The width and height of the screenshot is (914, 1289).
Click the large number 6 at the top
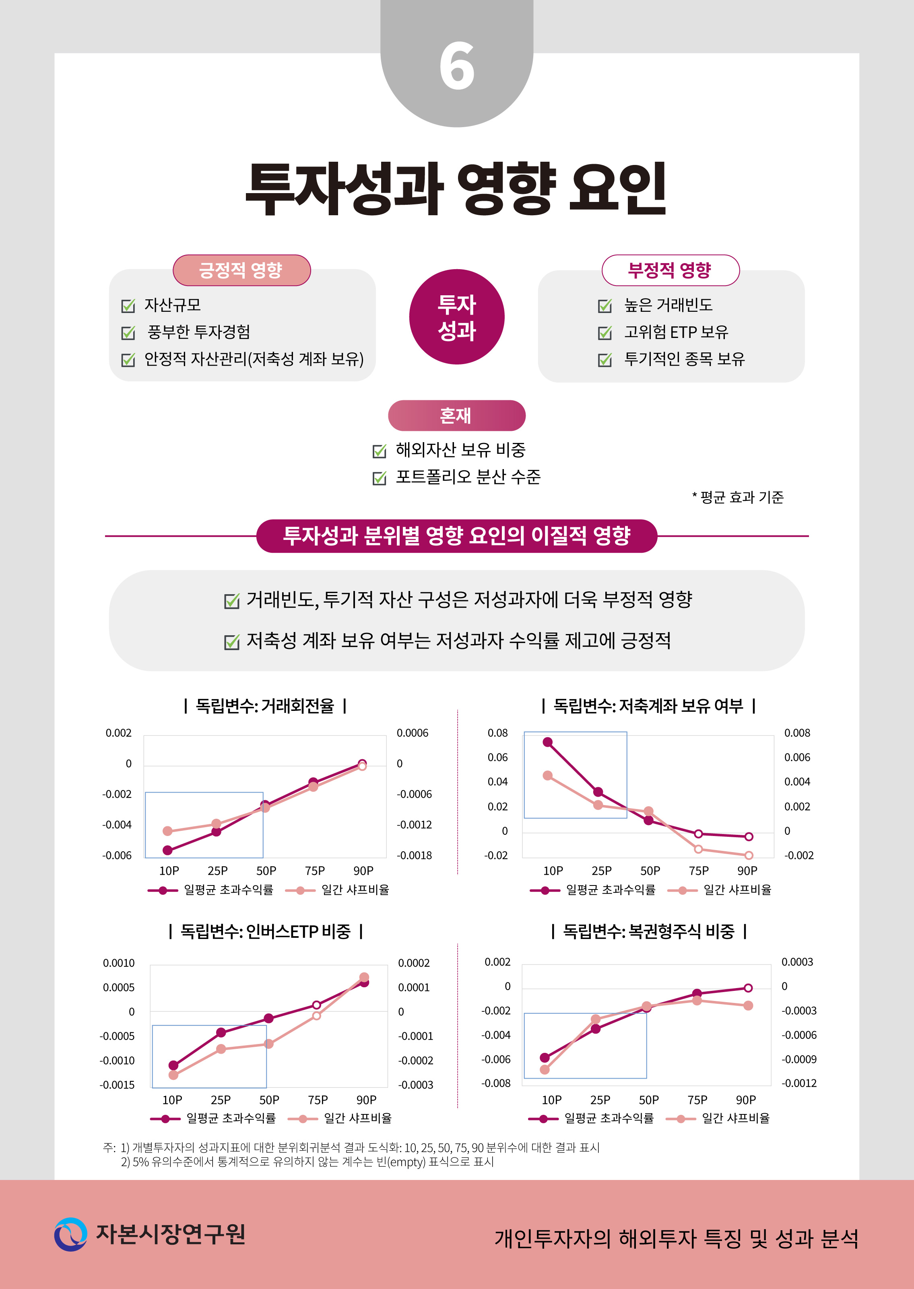coord(456,66)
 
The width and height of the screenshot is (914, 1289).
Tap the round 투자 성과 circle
coord(456,317)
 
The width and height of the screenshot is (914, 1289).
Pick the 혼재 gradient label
coord(456,416)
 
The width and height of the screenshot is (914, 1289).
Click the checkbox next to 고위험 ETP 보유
coord(605,333)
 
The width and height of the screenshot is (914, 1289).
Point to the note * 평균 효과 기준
coord(738,497)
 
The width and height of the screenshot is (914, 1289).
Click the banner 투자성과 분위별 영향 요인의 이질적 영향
coord(456,535)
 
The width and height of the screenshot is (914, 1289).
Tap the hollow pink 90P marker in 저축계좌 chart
coord(749,855)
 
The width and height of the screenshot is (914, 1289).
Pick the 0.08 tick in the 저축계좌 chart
coord(497,733)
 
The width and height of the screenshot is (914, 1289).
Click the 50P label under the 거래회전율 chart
coord(266,871)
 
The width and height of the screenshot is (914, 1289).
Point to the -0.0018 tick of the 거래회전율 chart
coord(414,855)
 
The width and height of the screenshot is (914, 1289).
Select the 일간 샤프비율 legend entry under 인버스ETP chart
coord(357,1118)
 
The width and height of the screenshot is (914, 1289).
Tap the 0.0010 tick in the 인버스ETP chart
coord(119,963)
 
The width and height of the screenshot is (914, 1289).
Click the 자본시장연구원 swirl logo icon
coord(71,1234)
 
